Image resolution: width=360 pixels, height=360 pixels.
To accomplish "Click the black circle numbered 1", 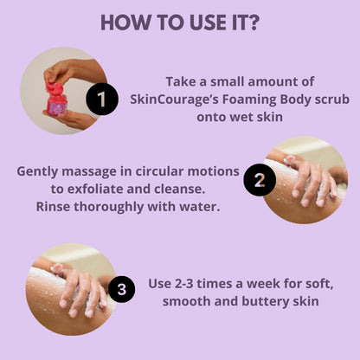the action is click(102, 99).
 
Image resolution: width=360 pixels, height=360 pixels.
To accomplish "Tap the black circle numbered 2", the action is click(260, 180).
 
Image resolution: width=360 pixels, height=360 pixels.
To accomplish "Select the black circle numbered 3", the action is click(121, 289).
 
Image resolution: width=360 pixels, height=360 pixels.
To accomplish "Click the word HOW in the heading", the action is click(125, 22).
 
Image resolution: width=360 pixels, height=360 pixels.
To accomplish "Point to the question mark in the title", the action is click(253, 22).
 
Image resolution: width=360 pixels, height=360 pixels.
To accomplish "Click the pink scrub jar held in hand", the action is click(55, 99).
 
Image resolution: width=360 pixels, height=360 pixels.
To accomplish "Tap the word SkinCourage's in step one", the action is click(175, 100).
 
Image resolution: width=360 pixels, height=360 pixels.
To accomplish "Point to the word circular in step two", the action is click(159, 171).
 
